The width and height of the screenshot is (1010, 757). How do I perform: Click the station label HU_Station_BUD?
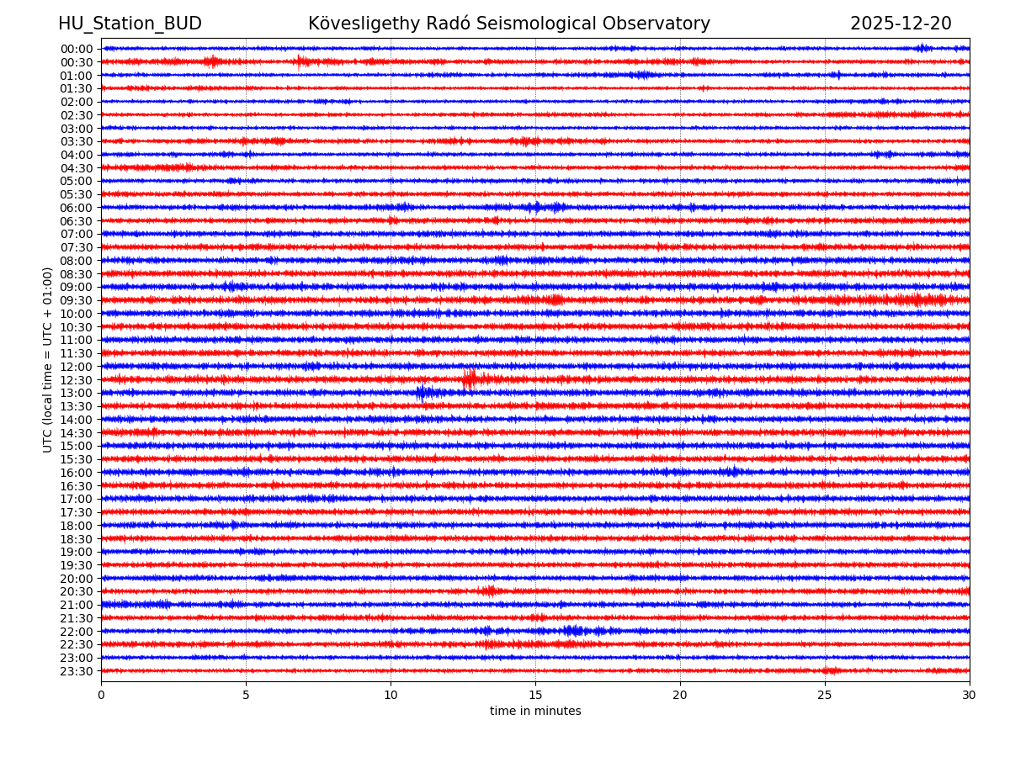(x=130, y=24)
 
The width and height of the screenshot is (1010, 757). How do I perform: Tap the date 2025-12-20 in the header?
(x=901, y=24)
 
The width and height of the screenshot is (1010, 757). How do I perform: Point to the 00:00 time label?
(x=77, y=49)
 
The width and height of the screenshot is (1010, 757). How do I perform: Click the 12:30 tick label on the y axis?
(x=77, y=380)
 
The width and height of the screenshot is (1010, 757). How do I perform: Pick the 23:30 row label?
(x=77, y=671)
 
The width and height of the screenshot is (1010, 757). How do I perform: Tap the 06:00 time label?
(x=77, y=208)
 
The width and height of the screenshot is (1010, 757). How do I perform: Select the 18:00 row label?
(x=77, y=526)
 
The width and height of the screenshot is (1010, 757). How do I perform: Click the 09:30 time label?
(x=77, y=300)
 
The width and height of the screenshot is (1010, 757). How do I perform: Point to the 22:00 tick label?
(x=77, y=632)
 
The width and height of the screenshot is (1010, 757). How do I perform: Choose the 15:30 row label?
(x=77, y=459)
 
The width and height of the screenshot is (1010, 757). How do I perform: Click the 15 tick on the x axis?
(x=535, y=696)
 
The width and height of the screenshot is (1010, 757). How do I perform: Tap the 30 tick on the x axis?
(x=970, y=696)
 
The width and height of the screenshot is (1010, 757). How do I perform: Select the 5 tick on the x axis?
(x=246, y=696)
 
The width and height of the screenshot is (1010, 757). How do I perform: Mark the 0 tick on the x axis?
(x=101, y=696)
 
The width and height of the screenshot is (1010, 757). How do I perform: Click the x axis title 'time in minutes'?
(x=535, y=712)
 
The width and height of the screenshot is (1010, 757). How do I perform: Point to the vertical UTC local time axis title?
(x=48, y=359)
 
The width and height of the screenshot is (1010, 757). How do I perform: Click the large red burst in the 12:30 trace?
(x=470, y=379)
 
